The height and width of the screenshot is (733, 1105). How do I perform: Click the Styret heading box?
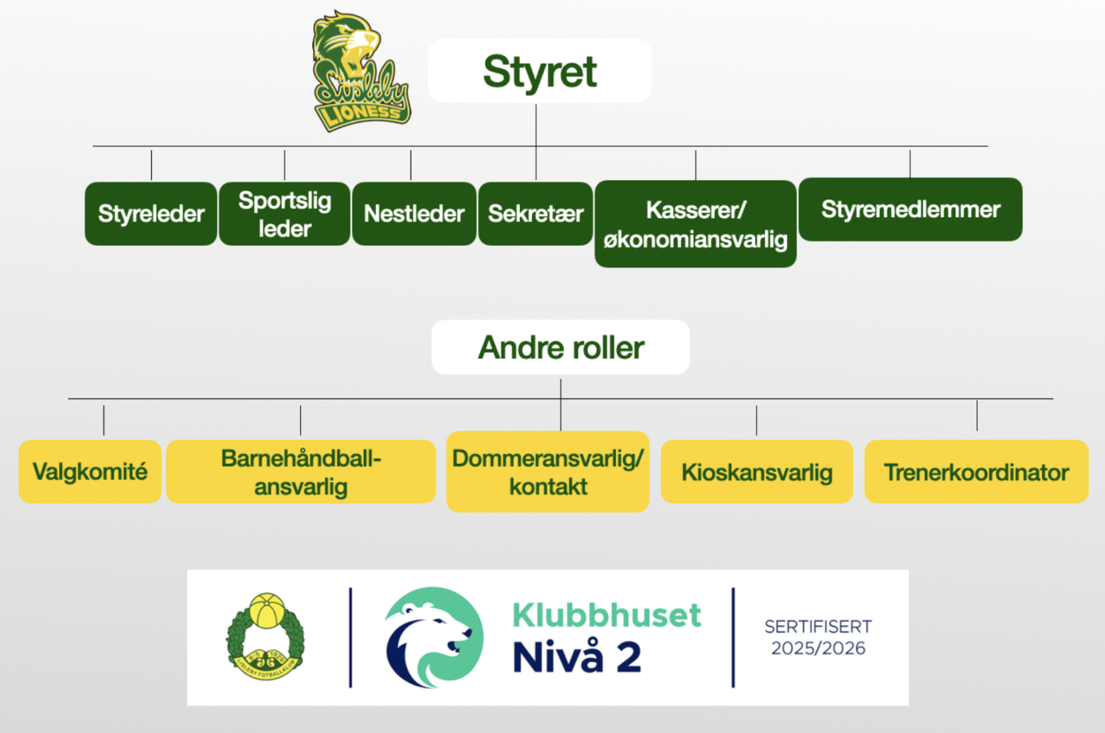tap(540, 71)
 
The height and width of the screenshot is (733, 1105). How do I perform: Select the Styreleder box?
tap(151, 214)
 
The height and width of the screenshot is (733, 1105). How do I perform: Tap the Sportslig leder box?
tap(285, 214)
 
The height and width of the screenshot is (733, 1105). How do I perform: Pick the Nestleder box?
tap(414, 214)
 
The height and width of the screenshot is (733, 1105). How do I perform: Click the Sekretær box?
tap(536, 214)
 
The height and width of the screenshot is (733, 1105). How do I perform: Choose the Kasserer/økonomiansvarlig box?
tap(695, 224)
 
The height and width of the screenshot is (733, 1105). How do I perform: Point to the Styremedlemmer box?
tap(910, 209)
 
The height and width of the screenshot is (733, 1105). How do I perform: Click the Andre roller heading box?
tap(560, 347)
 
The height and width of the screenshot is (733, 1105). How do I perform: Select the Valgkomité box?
tap(90, 472)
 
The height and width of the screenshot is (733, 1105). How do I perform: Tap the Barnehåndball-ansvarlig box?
tap(301, 472)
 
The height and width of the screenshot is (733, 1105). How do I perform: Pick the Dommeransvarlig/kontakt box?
tap(548, 472)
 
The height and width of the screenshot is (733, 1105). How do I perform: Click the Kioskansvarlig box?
tap(756, 472)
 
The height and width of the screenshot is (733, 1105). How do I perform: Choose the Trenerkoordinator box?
tap(976, 472)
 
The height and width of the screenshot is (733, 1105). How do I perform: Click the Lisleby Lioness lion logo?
tap(360, 72)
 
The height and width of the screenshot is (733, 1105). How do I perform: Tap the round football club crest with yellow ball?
tap(266, 636)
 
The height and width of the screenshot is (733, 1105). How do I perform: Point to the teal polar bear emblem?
tap(434, 636)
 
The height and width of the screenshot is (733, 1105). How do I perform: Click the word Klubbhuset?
tap(606, 615)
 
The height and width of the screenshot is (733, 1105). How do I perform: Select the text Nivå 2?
tap(577, 658)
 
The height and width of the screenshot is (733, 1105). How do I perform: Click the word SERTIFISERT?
tap(818, 626)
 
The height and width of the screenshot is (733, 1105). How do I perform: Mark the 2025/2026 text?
tap(818, 648)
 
